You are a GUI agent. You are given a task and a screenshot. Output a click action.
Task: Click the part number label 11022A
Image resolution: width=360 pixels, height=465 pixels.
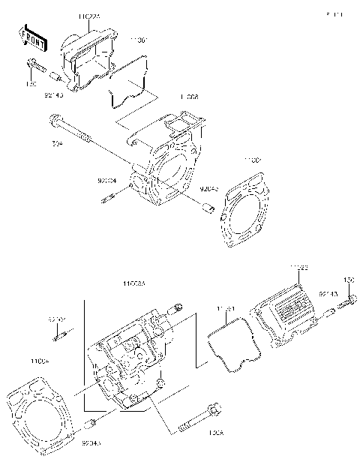tap(90, 14)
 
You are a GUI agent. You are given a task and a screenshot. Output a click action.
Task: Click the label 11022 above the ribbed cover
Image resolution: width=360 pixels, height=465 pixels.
tap(298, 267)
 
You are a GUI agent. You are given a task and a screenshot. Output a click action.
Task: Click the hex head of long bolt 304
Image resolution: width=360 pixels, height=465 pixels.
tap(55, 118)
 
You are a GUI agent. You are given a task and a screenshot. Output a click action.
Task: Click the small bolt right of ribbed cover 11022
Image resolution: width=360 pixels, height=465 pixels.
tap(349, 302)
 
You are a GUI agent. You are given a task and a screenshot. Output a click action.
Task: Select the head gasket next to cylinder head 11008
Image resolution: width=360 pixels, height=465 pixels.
tap(243, 210)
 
